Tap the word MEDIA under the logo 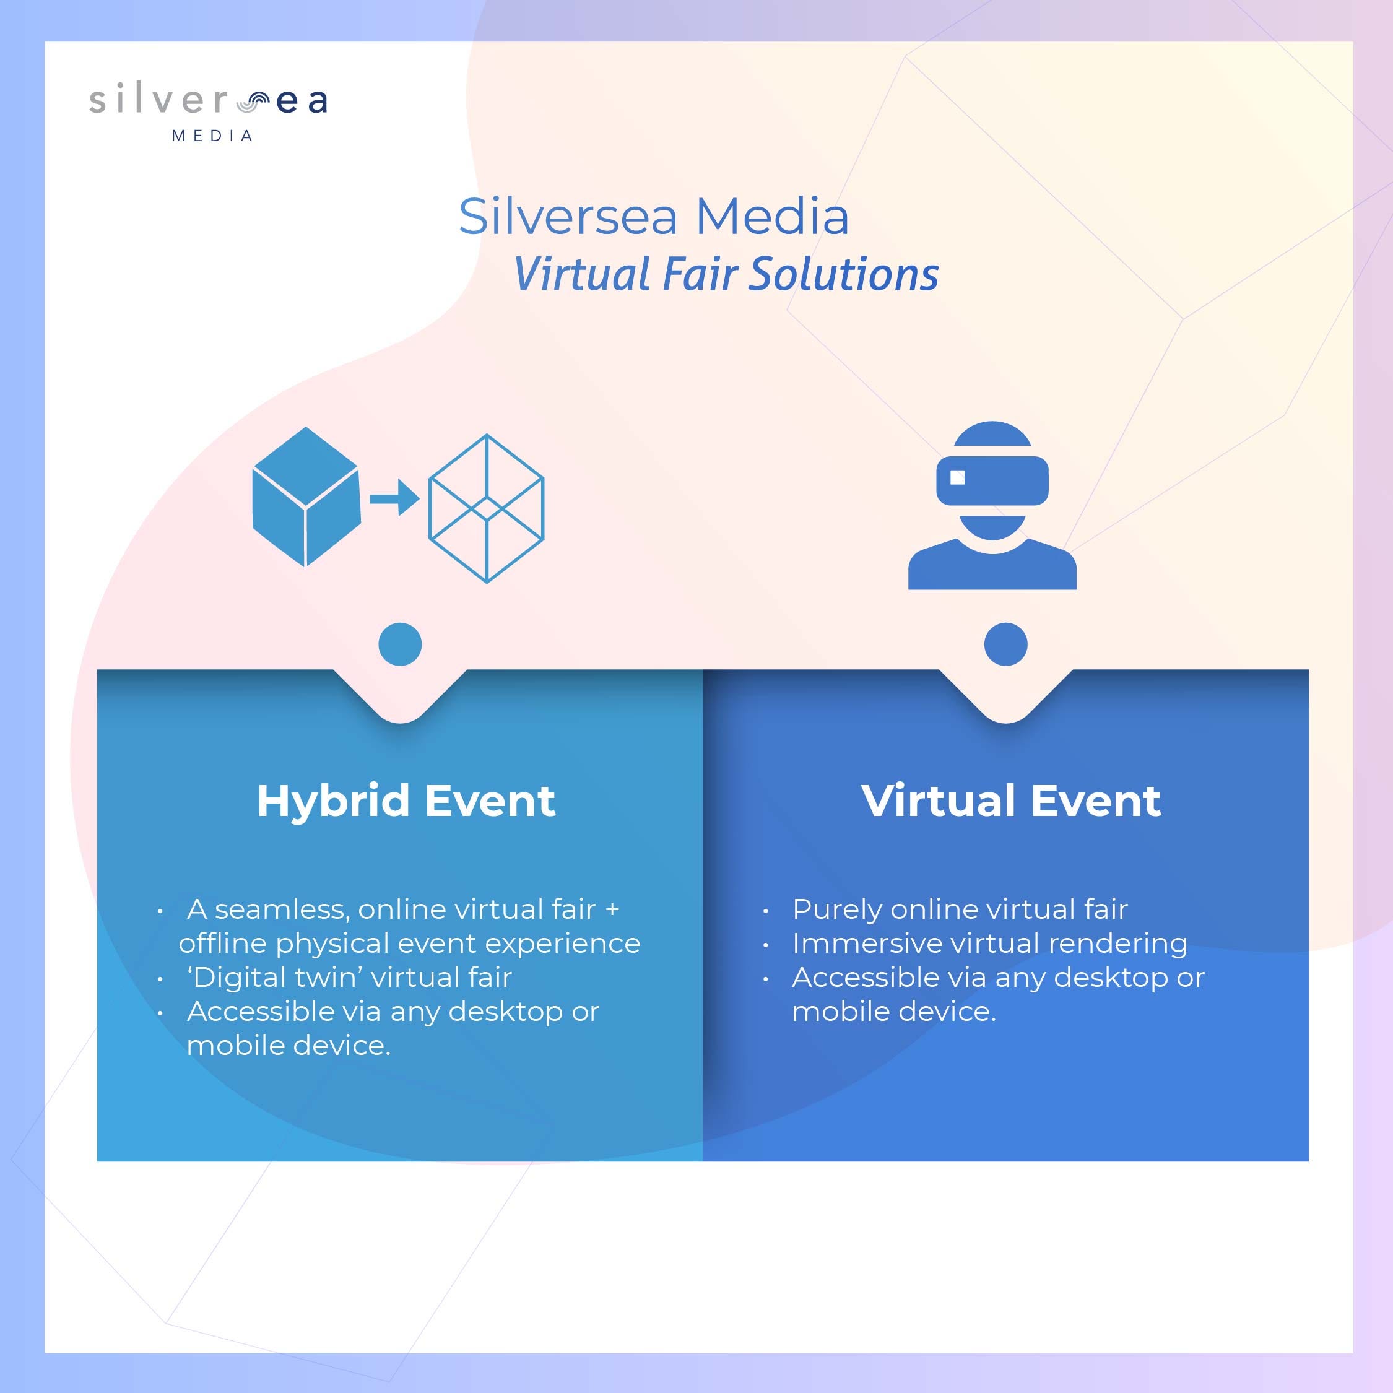[x=212, y=136]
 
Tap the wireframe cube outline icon [x=486, y=508]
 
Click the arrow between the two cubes [x=394, y=498]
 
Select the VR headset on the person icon [x=992, y=480]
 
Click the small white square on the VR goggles [x=958, y=477]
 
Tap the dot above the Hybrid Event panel [x=400, y=644]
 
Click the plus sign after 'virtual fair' [x=612, y=910]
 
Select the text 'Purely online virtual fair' [x=960, y=909]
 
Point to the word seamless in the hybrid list [x=282, y=910]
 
